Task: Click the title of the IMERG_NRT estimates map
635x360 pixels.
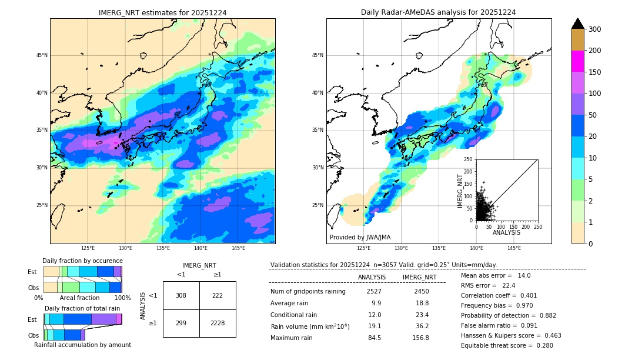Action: click(x=162, y=12)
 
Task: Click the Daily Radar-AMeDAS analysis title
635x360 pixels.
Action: click(x=439, y=12)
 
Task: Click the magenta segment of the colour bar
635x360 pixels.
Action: click(x=577, y=61)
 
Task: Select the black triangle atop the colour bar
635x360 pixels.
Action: click(x=577, y=24)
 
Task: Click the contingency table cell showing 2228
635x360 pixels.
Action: click(x=218, y=324)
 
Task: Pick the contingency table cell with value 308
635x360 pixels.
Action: click(x=181, y=295)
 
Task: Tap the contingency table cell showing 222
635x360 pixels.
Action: click(x=218, y=295)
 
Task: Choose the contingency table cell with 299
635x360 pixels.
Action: click(x=181, y=324)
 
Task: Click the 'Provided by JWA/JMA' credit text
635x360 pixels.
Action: click(x=360, y=238)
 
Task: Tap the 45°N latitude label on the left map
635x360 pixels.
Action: click(x=42, y=55)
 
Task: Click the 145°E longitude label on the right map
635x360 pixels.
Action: click(x=514, y=249)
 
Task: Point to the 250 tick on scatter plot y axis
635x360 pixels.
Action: click(x=469, y=159)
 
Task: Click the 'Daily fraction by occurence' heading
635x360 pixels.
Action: click(x=82, y=261)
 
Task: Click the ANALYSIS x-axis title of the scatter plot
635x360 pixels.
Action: click(x=506, y=232)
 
